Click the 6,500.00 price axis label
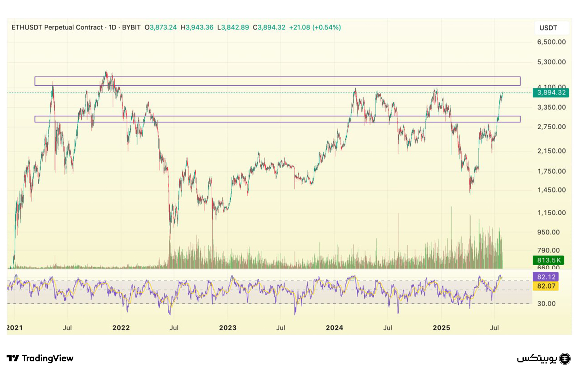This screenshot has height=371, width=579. coord(551,42)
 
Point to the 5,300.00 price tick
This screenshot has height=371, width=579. coord(551,62)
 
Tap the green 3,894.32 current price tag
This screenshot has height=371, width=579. coord(551,92)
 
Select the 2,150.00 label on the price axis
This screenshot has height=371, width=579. coord(551,151)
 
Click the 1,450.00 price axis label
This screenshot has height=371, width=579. coord(551,190)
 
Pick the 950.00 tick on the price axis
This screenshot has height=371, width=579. coord(548,232)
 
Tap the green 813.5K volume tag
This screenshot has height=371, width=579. coord(548,260)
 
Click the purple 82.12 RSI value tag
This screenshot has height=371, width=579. coord(546,277)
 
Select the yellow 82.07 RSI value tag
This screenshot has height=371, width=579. coord(546,286)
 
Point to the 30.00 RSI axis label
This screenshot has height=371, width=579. coord(546,304)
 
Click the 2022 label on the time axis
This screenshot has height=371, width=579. coord(121,328)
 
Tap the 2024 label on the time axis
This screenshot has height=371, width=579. coord(334,328)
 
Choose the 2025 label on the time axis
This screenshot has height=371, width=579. coord(441,328)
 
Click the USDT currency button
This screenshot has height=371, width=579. coord(548,28)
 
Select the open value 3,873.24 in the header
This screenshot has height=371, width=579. coord(163,27)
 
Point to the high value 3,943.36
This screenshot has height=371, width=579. coord(200,27)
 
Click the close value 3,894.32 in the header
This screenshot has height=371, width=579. coord(271,27)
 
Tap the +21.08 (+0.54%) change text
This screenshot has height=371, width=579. coord(315,27)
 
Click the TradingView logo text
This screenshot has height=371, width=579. coord(47,358)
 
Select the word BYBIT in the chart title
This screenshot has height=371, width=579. coord(131,27)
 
